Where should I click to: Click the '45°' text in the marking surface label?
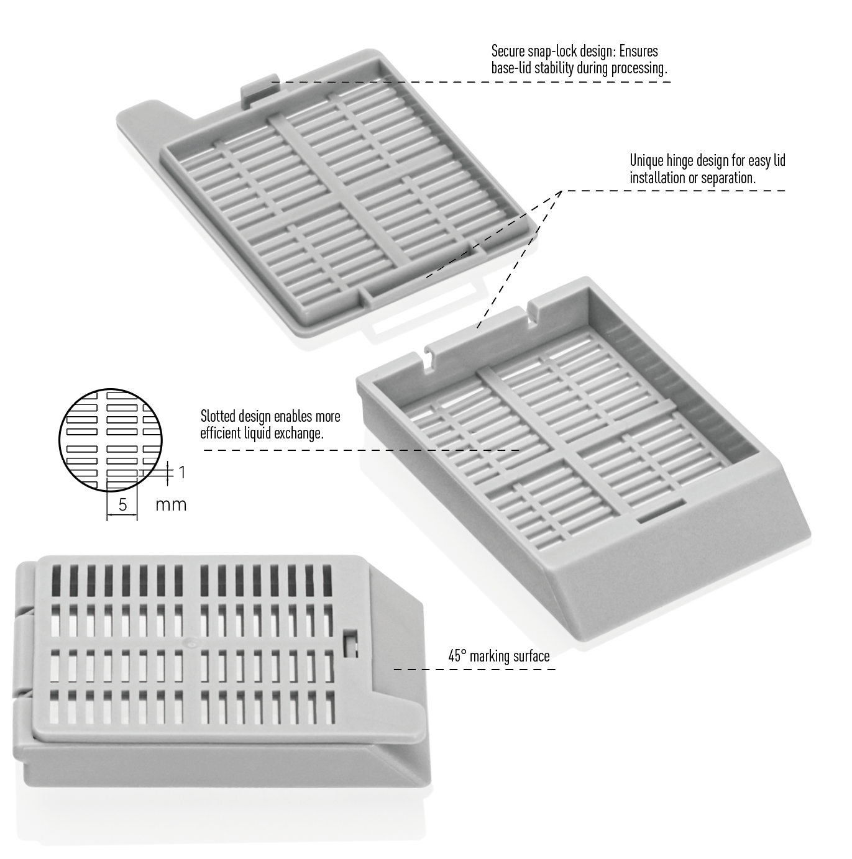click(x=457, y=656)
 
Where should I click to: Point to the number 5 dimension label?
click(x=122, y=504)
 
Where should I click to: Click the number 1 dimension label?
click(x=181, y=472)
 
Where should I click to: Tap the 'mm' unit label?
click(x=171, y=505)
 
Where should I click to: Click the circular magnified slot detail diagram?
click(x=111, y=440)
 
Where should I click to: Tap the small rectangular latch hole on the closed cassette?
click(x=350, y=643)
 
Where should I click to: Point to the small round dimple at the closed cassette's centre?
click(x=192, y=642)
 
